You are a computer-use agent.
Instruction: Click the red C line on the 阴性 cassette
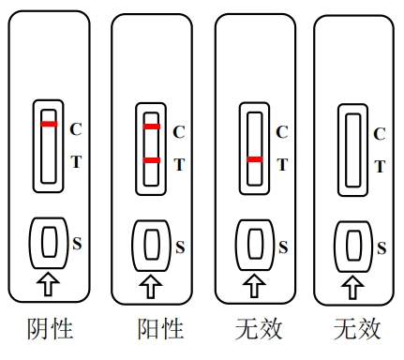[49, 124]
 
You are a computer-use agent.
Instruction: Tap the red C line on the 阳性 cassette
[152, 126]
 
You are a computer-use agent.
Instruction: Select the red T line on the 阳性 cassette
[152, 160]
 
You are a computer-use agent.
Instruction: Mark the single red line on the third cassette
[254, 160]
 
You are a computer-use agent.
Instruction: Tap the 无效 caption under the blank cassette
[357, 329]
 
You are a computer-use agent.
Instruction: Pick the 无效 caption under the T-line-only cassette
[258, 329]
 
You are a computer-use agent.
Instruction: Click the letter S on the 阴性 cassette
[78, 243]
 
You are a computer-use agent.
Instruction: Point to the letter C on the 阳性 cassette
[179, 131]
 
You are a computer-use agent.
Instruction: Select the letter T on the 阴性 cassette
[76, 160]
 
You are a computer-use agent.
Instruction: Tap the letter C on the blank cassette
[380, 134]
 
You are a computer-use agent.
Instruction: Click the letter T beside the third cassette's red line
[281, 166]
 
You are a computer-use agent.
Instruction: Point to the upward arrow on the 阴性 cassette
[49, 280]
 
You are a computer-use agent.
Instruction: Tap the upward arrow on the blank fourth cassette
[353, 284]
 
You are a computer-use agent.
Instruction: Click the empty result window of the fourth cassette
[353, 146]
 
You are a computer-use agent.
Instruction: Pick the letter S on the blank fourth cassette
[382, 247]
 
